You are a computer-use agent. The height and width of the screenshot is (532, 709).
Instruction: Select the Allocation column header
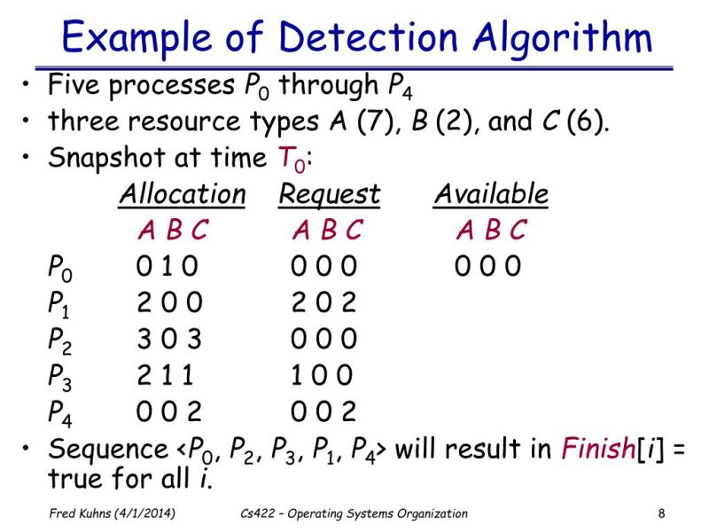182,194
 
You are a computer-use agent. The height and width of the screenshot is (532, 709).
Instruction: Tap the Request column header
329,194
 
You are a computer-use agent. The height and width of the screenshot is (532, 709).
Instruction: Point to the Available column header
491,194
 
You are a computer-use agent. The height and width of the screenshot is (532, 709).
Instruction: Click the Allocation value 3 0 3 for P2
169,339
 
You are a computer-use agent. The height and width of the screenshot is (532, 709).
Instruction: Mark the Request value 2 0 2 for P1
324,302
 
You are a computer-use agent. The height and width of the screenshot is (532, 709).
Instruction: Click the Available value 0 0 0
488,266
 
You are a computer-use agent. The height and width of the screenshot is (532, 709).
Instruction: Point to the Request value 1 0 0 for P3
323,375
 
